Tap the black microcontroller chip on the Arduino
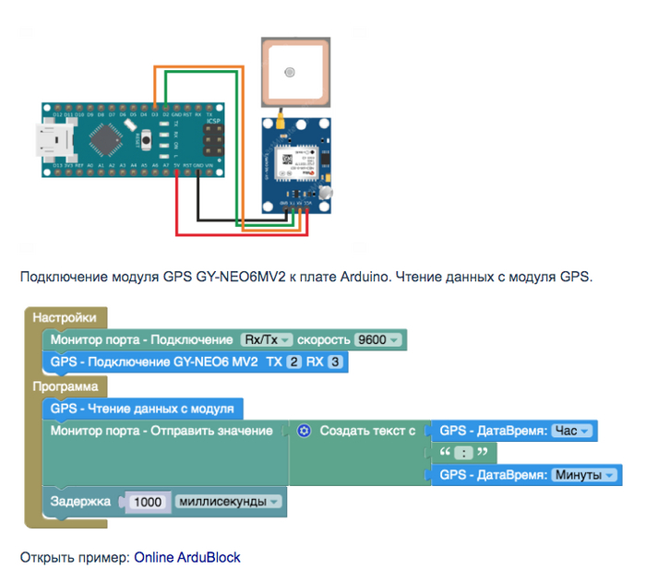(x=106, y=141)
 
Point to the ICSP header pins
(x=215, y=140)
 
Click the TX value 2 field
(x=293, y=362)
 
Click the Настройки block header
(x=65, y=317)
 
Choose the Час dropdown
(x=570, y=431)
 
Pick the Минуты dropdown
(x=583, y=475)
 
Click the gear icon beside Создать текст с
(x=305, y=431)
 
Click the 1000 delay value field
(x=148, y=502)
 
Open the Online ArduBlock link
(x=186, y=557)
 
